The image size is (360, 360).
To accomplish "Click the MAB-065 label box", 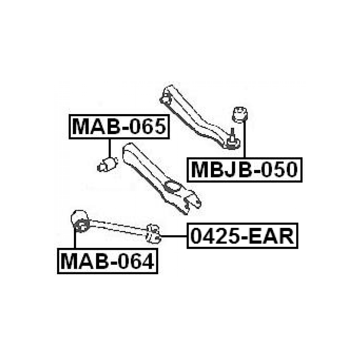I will (x=119, y=127).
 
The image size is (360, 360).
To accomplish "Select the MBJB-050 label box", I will (x=244, y=170).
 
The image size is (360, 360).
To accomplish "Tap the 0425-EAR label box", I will (x=242, y=236).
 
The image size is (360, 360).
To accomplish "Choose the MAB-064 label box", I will (x=107, y=261).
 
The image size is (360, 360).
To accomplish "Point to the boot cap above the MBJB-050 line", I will (x=240, y=114).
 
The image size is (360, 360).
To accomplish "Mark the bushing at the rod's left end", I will (x=81, y=222).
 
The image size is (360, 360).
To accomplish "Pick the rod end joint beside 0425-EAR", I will (x=153, y=233).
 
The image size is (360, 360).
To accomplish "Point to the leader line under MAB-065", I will (x=110, y=148).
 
